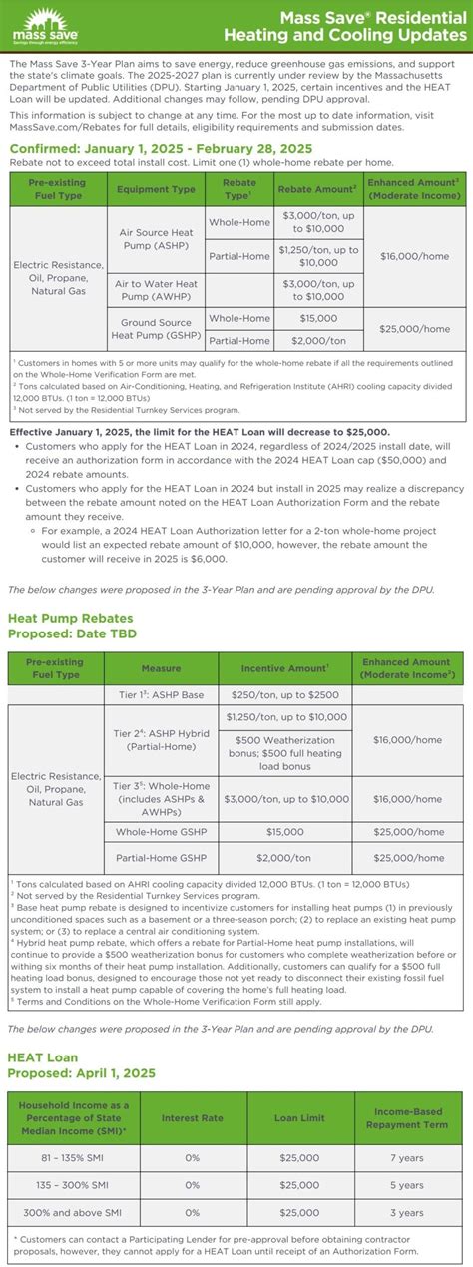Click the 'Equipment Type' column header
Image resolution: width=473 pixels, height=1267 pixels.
tap(156, 189)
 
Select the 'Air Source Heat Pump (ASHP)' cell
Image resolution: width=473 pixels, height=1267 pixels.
tap(156, 239)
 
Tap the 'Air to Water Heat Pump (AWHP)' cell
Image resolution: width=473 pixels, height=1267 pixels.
tap(156, 290)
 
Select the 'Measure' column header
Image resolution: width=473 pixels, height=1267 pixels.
tap(161, 668)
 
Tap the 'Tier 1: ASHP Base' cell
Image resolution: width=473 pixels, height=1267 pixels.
tap(161, 694)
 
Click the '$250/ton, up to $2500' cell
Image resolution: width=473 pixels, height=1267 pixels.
tap(286, 694)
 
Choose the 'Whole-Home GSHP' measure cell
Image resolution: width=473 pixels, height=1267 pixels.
tap(161, 831)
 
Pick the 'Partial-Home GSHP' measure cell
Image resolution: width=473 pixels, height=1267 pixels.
tap(161, 857)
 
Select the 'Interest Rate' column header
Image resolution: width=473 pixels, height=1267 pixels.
tap(192, 1117)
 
